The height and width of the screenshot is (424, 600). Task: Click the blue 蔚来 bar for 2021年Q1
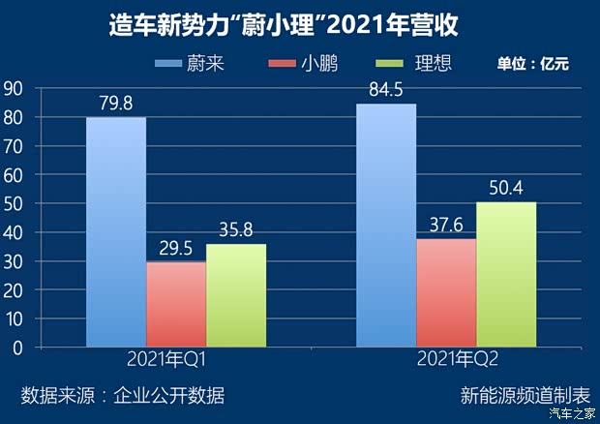116,232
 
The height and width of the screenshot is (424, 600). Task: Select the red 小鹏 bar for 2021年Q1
176,304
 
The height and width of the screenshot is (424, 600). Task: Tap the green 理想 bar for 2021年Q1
236,295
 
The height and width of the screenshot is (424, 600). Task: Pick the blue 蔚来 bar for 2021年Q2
386,226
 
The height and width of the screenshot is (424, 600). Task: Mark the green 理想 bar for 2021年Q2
506,274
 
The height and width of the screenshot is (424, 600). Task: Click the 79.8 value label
116,104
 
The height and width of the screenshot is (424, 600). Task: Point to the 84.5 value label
386,90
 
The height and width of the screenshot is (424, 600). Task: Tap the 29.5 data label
176,248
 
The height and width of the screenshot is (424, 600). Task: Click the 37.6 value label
446,225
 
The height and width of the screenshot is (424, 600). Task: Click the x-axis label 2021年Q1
176,361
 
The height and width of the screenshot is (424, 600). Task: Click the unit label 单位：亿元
532,65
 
